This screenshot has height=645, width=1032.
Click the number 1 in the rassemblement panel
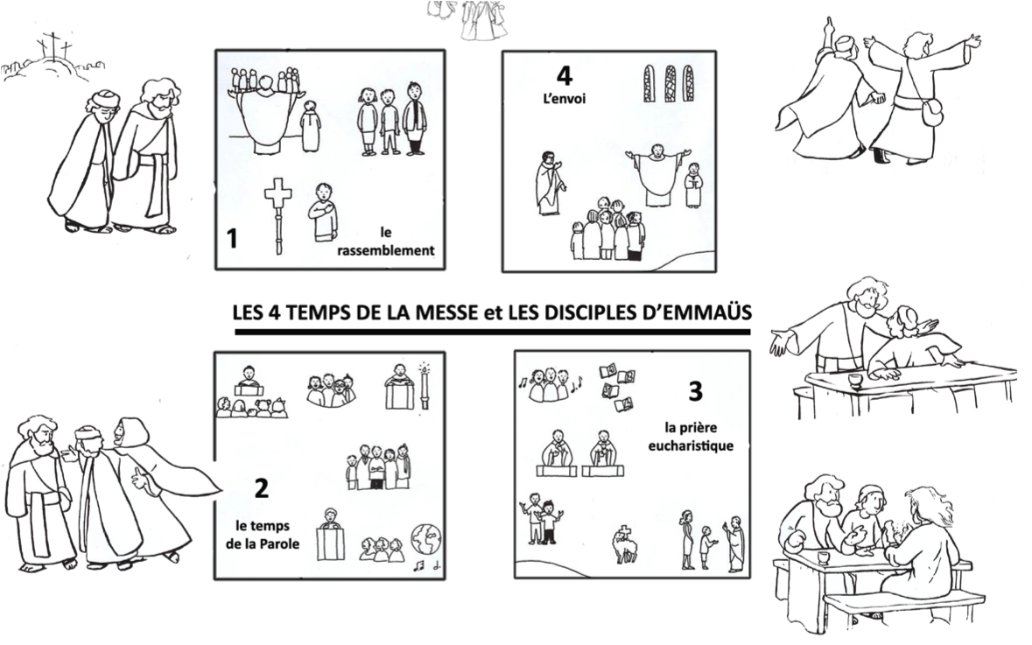[232, 238]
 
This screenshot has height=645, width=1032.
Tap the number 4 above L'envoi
[564, 75]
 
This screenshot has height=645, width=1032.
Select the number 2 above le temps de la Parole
[262, 488]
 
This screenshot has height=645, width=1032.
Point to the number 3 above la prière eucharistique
[695, 391]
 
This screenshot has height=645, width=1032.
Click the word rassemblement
[386, 250]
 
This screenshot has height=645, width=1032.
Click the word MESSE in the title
[445, 312]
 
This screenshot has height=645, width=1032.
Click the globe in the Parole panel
[425, 539]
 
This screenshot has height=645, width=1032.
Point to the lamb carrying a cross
[625, 545]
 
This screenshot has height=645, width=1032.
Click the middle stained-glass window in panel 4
[670, 83]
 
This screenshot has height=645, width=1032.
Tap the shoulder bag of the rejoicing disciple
[931, 113]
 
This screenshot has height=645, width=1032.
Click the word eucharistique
[691, 445]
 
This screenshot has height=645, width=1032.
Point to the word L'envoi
[564, 99]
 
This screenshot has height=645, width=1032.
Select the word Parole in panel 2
[280, 543]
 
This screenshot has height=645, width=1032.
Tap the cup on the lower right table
[823, 557]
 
